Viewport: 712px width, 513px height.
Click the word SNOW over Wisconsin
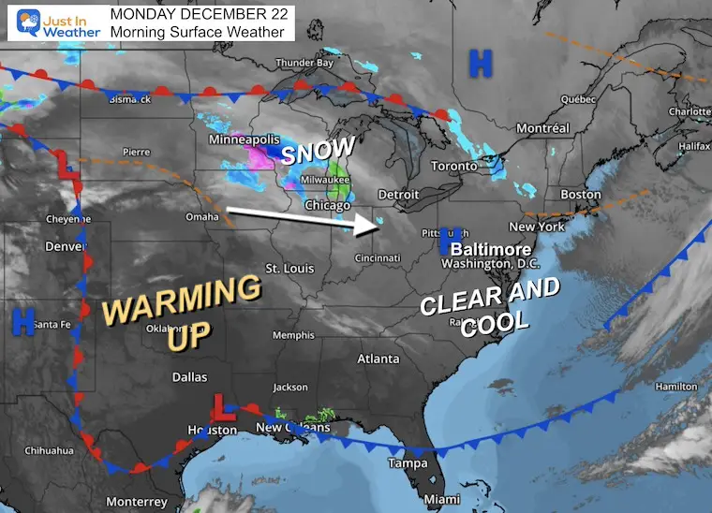(x=319, y=151)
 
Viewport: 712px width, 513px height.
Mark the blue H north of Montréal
(x=480, y=64)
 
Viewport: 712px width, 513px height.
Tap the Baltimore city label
(x=490, y=250)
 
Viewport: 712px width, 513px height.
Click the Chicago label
(x=327, y=205)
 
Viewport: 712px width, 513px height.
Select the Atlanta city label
(x=378, y=359)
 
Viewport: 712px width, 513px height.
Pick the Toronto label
(x=453, y=166)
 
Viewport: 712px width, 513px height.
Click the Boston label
(x=580, y=194)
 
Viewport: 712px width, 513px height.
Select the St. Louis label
(x=289, y=269)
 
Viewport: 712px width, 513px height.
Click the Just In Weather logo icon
(x=24, y=23)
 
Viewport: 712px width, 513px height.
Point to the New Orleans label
(x=293, y=428)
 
